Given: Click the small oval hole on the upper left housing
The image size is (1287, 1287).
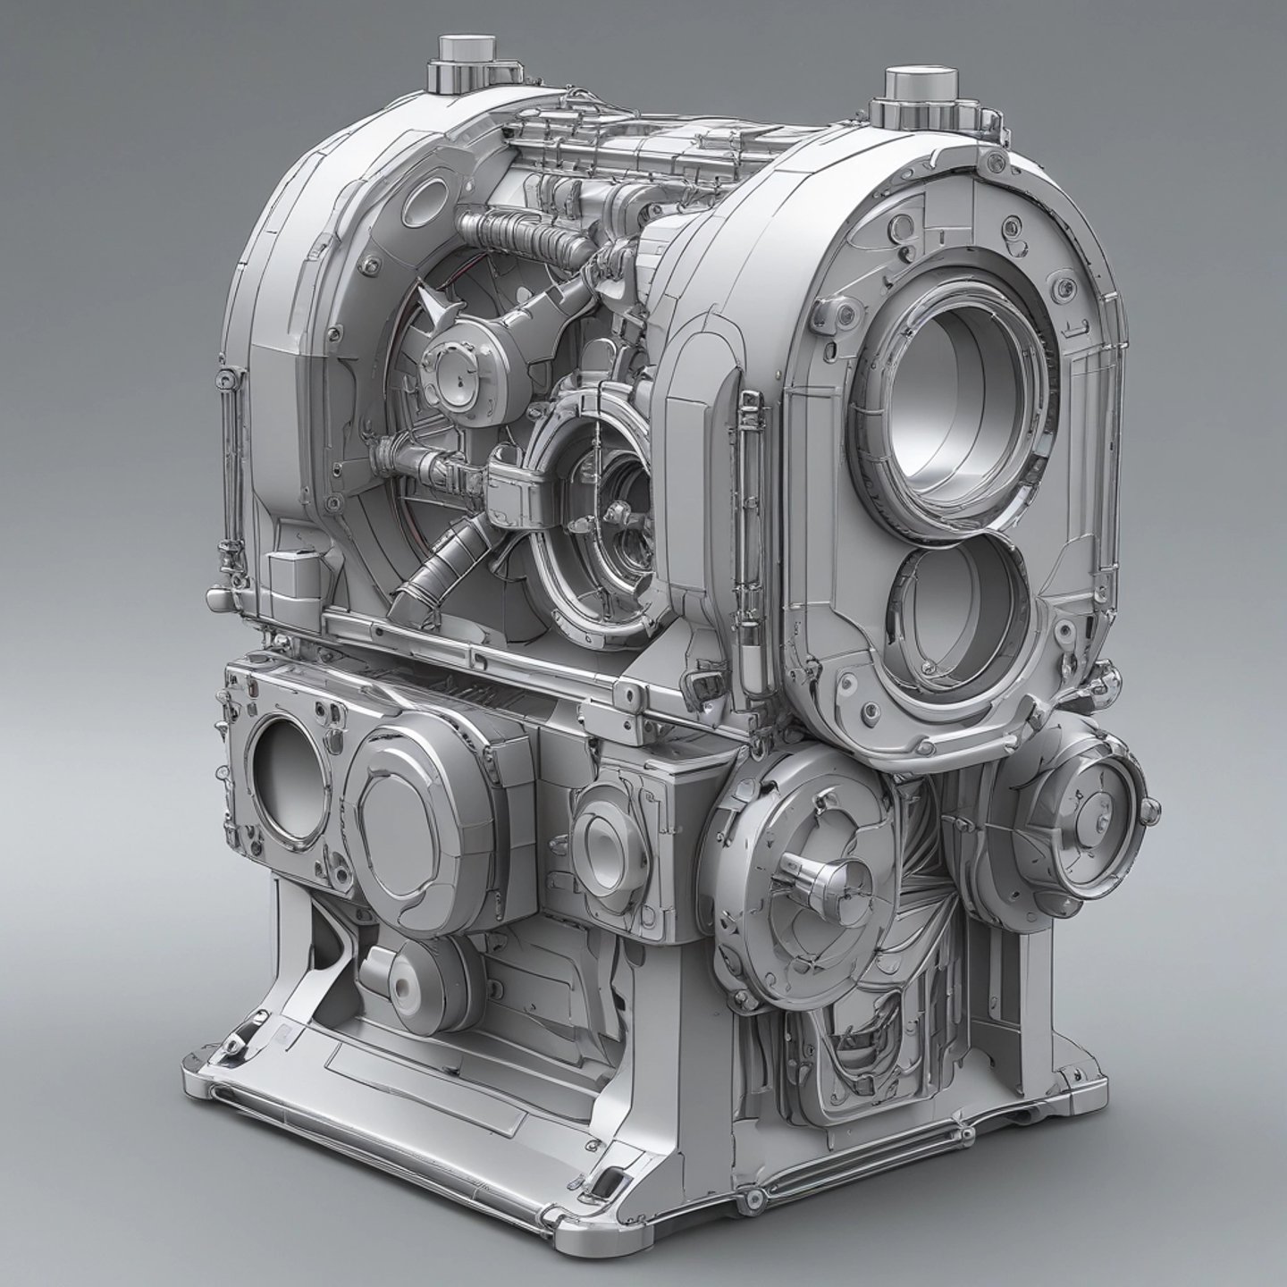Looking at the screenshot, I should [x=427, y=200].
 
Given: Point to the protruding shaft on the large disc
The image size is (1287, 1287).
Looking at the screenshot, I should [x=809, y=871].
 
